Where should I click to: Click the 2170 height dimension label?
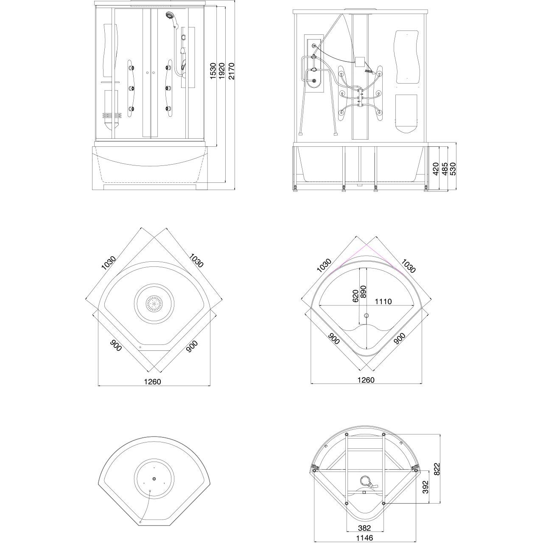pyautogui.click(x=231, y=71)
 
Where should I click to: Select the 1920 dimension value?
pyautogui.click(x=222, y=71)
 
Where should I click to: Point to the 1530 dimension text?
pyautogui.click(x=213, y=71)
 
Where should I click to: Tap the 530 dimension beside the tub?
pyautogui.click(x=453, y=169)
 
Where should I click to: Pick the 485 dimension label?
pyautogui.click(x=445, y=169)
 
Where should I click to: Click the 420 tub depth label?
pyautogui.click(x=436, y=169)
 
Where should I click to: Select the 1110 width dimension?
pyautogui.click(x=383, y=302)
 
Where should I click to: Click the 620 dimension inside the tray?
pyautogui.click(x=355, y=296)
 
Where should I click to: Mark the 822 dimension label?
pyautogui.click(x=437, y=469)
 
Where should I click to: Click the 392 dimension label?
pyautogui.click(x=425, y=487)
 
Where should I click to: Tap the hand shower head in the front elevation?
pyautogui.click(x=169, y=15)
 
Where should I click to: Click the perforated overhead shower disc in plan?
pyautogui.click(x=154, y=303)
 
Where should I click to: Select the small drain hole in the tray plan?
pyautogui.click(x=367, y=315)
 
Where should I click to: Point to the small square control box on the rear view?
pyautogui.click(x=360, y=62)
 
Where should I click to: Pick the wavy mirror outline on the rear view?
pyautogui.click(x=407, y=57)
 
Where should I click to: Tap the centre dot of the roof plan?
pyautogui.click(x=154, y=479)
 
